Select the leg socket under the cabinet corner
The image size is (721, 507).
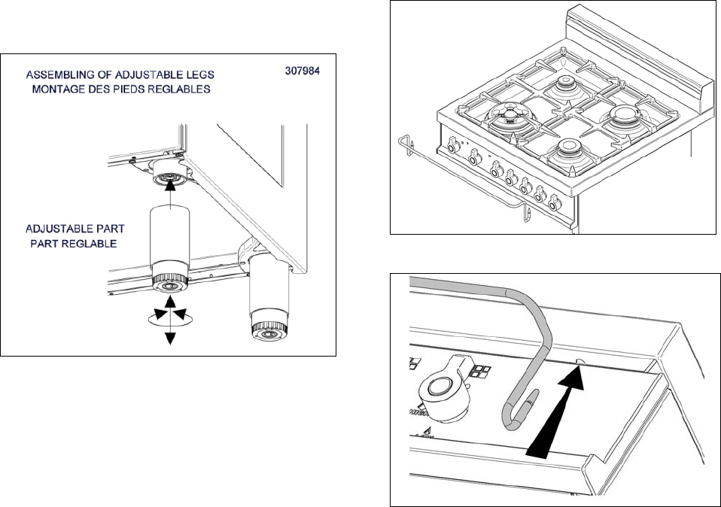pyautogui.click(x=171, y=173)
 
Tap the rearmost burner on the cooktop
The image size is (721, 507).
pyautogui.click(x=564, y=85)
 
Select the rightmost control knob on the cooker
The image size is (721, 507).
pyautogui.click(x=555, y=202)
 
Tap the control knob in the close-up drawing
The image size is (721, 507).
pyautogui.click(x=443, y=388)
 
